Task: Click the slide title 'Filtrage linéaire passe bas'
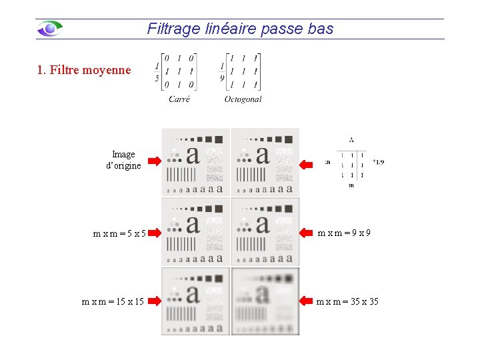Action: point(240,29)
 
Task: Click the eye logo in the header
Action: point(50,29)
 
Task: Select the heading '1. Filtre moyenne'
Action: point(85,69)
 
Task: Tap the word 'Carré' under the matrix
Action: point(179,99)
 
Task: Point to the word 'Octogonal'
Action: point(243,99)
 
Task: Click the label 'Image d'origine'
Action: point(123,160)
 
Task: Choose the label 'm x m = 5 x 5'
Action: point(119,233)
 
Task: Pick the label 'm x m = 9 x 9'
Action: point(344,233)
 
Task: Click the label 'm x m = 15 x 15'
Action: point(113,301)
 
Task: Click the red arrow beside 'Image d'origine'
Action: point(155,161)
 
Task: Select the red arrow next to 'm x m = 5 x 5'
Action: point(155,233)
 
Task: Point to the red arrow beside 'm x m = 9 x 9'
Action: point(307,233)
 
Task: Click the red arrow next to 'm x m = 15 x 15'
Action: point(155,301)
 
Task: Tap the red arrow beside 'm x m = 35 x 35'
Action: point(307,301)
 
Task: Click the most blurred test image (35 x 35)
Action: point(265,301)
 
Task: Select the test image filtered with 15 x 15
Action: point(195,301)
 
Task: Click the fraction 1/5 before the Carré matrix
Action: point(157,72)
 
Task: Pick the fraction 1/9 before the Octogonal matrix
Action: point(222,72)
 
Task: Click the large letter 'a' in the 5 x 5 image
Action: point(193,225)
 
